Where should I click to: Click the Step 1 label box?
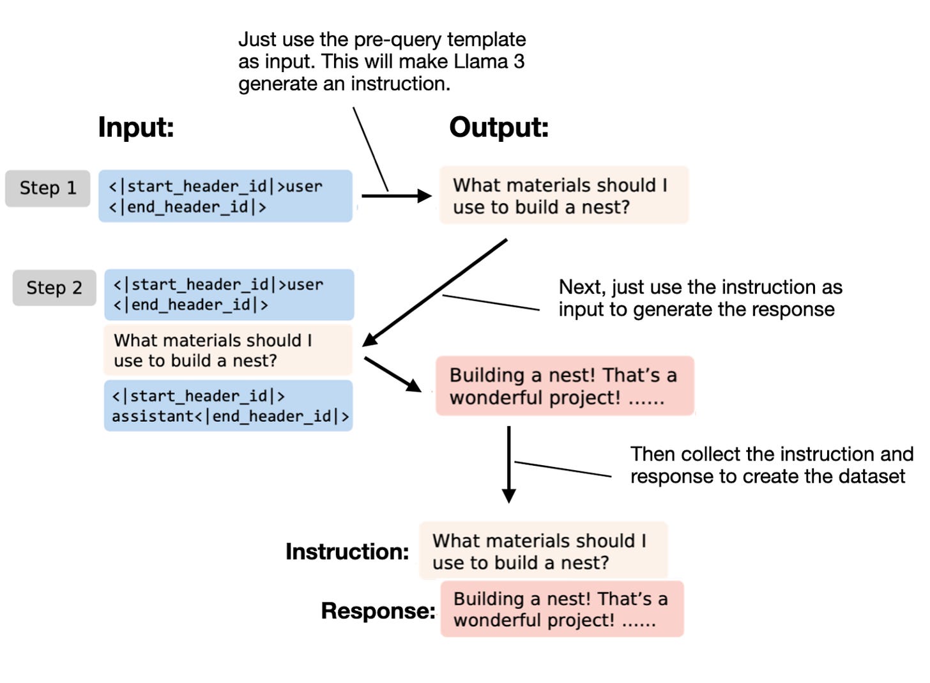(48, 188)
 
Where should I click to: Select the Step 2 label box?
(54, 288)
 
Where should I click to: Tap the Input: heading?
(136, 127)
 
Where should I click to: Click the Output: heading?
(499, 127)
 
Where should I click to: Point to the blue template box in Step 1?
(225, 196)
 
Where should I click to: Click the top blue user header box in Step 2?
(229, 295)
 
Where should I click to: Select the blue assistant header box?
(229, 406)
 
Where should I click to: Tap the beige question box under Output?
(564, 196)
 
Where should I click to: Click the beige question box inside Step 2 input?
(228, 350)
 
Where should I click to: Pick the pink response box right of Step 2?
(565, 386)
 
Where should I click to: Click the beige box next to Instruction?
(543, 551)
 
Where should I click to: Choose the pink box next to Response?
(562, 609)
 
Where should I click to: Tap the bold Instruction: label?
(347, 551)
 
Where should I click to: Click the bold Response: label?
(378, 611)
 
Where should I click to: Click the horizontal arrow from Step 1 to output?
(396, 196)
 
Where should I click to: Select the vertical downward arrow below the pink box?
(508, 463)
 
